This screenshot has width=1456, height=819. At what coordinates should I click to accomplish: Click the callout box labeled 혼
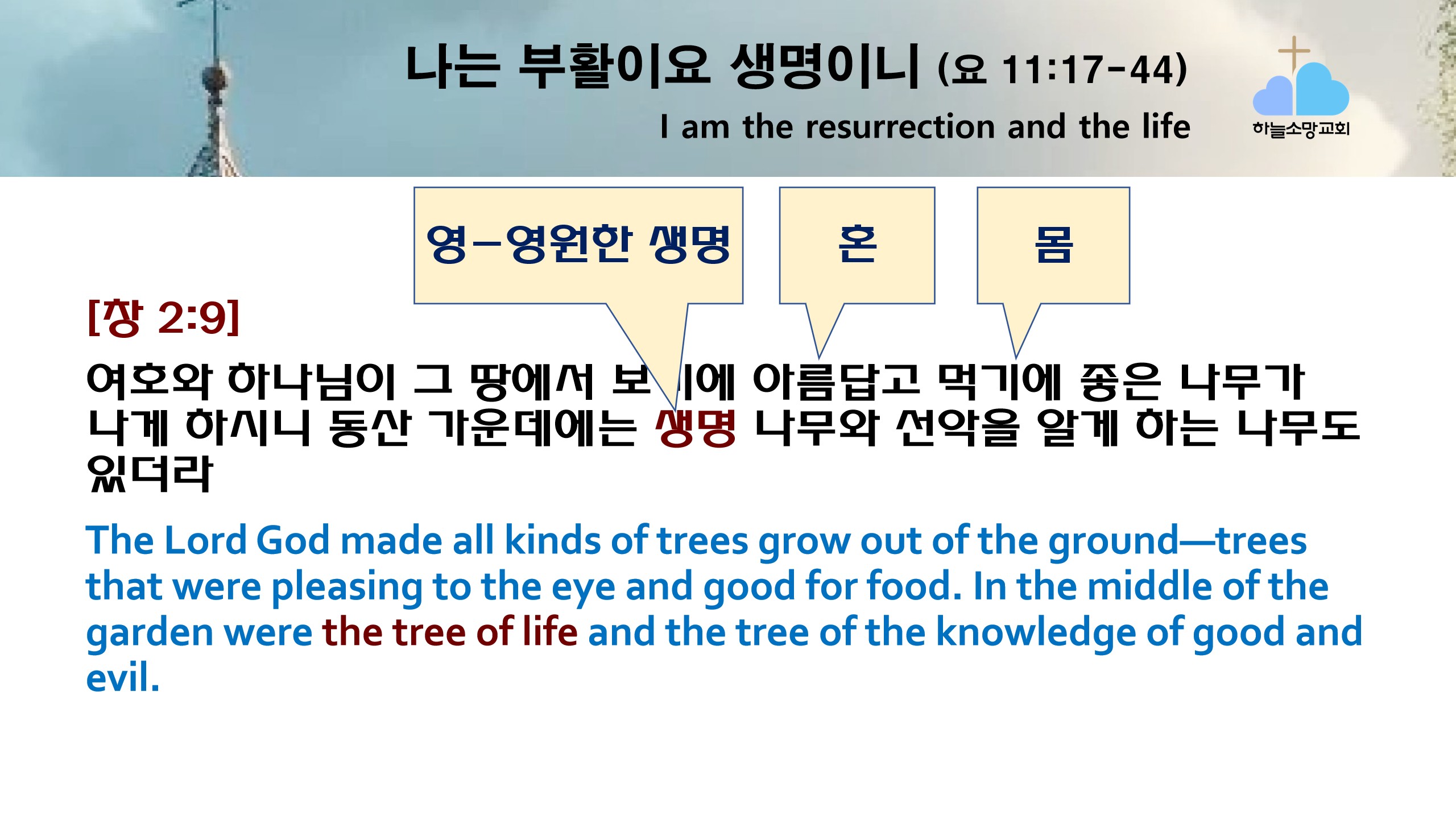click(857, 245)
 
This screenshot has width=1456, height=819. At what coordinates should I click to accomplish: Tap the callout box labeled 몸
click(1053, 245)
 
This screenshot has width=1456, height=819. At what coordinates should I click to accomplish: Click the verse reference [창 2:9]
click(164, 317)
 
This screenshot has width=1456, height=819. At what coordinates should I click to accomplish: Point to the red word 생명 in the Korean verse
click(696, 428)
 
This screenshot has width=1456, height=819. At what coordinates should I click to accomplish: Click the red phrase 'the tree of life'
click(450, 632)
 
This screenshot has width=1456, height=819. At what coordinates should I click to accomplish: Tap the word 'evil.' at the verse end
click(122, 677)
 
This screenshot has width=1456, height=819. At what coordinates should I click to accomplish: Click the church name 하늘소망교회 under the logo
click(1301, 129)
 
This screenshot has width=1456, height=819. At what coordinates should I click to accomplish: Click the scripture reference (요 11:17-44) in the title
click(1062, 70)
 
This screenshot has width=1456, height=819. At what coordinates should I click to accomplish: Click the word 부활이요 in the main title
click(614, 66)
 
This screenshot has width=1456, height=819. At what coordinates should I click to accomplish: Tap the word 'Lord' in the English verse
click(205, 540)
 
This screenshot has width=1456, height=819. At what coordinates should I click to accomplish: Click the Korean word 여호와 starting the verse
click(149, 380)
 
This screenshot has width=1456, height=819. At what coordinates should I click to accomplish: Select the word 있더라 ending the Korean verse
click(150, 473)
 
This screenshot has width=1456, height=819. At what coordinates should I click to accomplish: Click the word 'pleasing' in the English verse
click(346, 587)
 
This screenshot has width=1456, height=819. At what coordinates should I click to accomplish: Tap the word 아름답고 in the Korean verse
click(836, 380)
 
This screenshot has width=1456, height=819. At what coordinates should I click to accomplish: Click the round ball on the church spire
click(215, 78)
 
